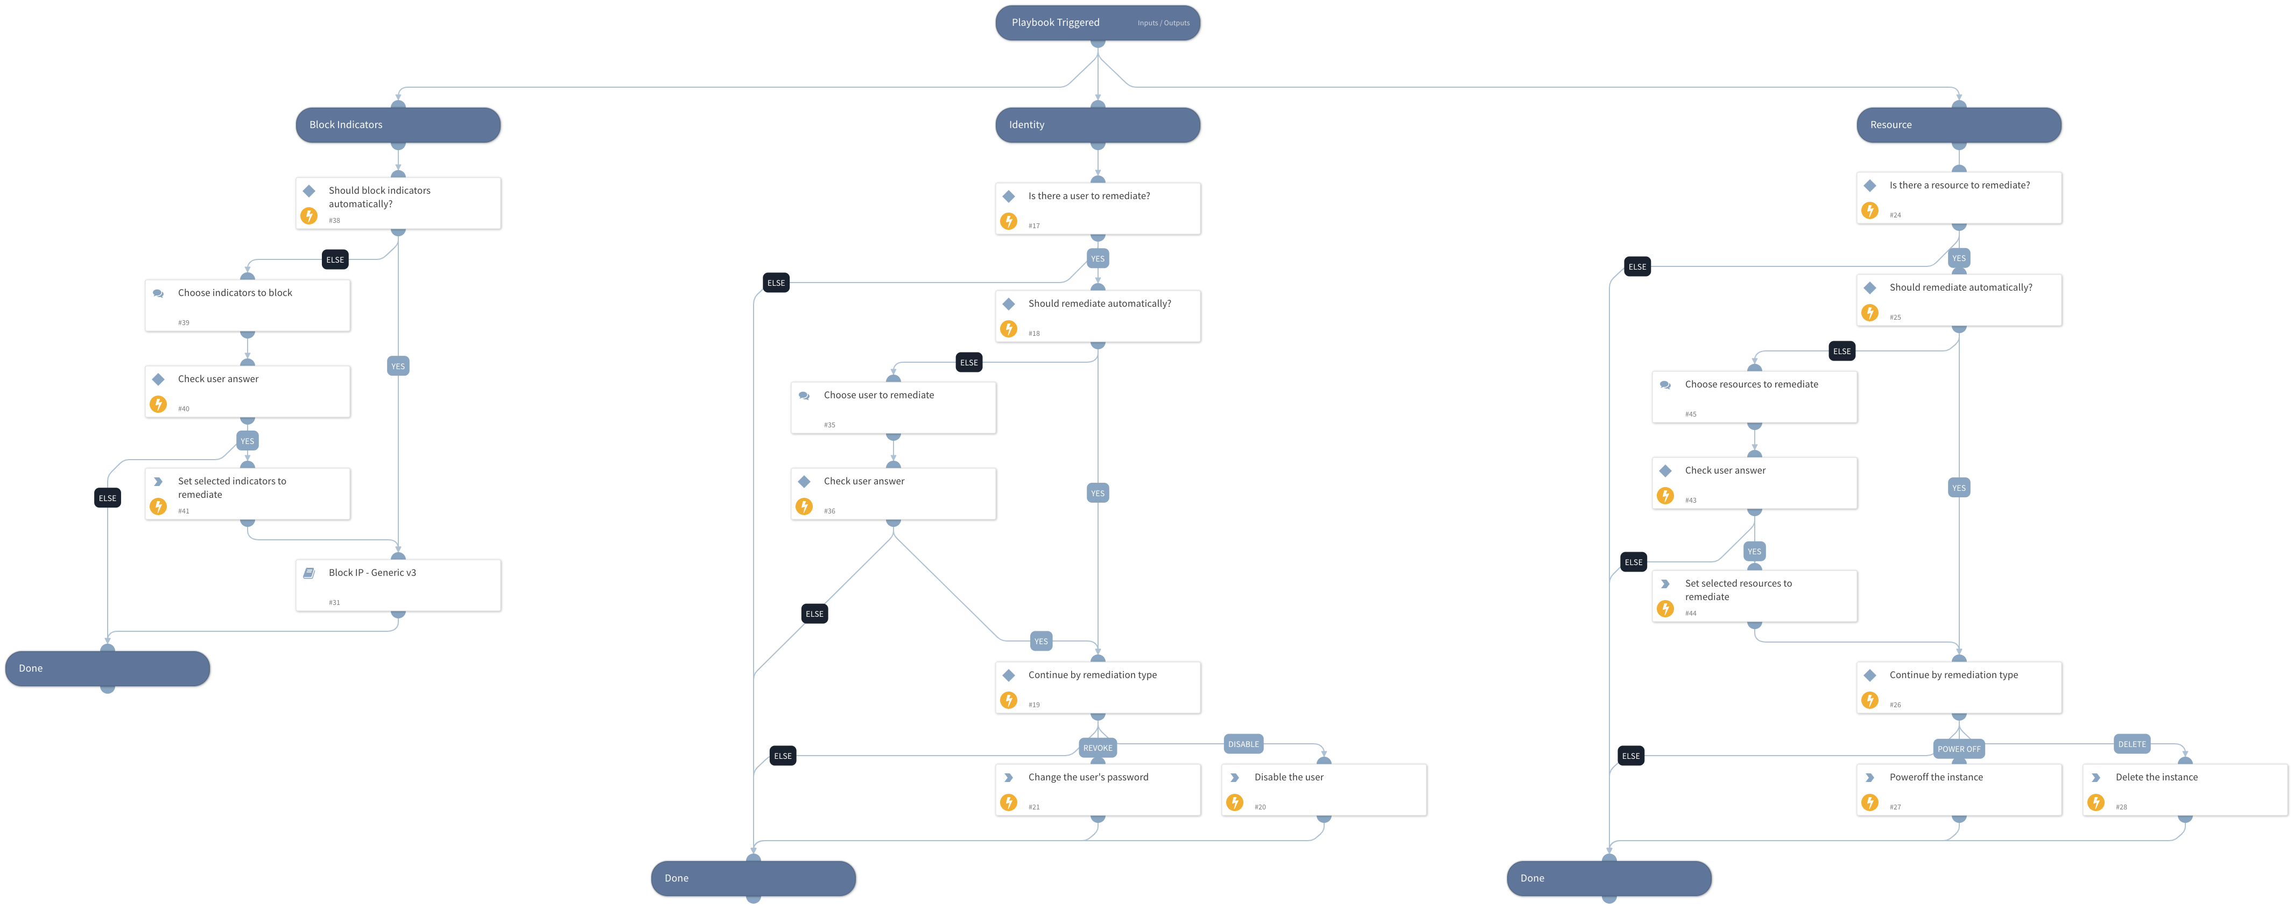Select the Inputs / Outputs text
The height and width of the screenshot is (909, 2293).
[x=1163, y=23]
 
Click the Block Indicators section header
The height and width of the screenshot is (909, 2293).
[x=398, y=125]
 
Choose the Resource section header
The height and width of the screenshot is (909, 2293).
[x=1958, y=125]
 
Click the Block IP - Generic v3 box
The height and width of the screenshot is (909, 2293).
[x=398, y=585]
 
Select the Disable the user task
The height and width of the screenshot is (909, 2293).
[x=1324, y=790]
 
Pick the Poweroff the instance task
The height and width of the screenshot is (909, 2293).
[x=1958, y=790]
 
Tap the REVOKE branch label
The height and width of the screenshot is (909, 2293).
[x=1098, y=748]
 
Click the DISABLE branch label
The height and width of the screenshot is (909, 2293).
[x=1243, y=744]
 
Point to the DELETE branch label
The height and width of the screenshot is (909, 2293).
[x=2132, y=744]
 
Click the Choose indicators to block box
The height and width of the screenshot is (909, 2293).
[x=248, y=305]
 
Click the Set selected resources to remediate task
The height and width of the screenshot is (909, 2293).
[x=1754, y=596]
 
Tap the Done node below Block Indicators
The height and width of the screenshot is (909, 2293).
[x=108, y=668]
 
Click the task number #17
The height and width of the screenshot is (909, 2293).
[x=1033, y=226]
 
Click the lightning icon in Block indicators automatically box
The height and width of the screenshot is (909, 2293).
[x=309, y=215]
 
